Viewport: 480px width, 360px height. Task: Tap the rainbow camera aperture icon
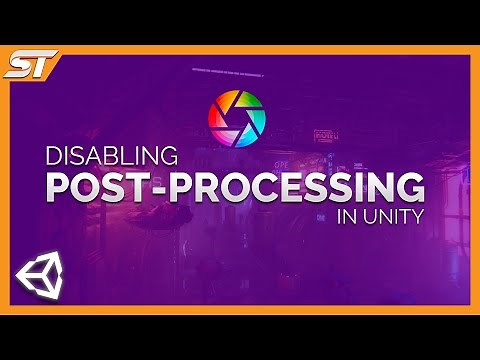point(237,120)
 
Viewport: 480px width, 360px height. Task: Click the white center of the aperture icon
point(237,120)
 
